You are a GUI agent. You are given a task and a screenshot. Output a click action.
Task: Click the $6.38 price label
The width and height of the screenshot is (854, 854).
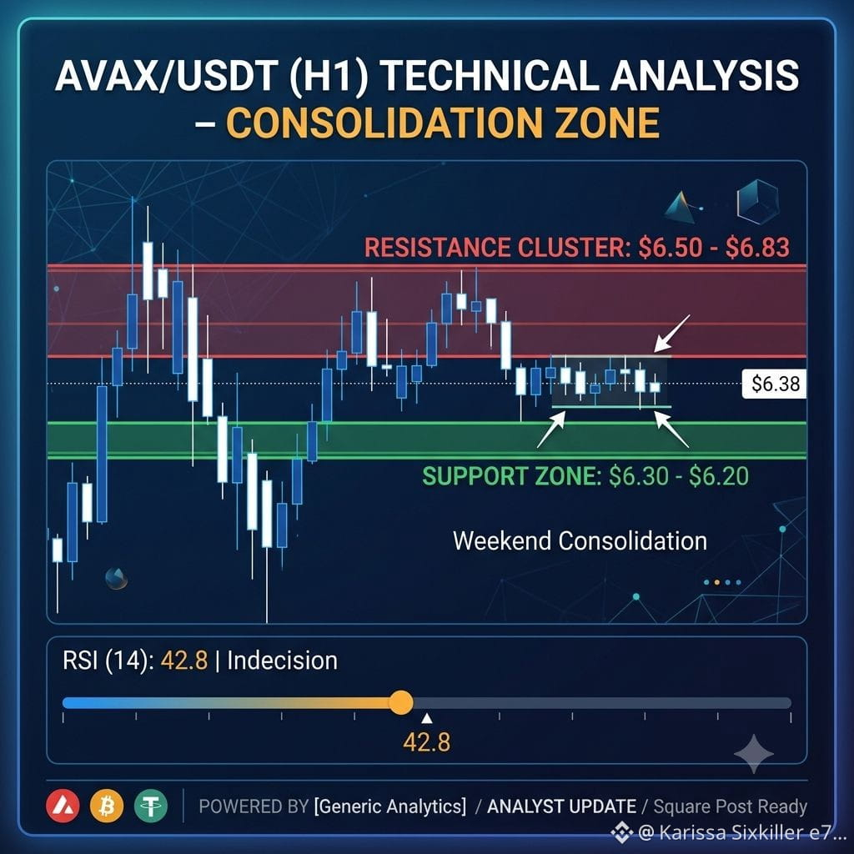775,384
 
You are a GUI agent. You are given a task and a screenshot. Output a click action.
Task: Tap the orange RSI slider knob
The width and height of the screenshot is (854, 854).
401,702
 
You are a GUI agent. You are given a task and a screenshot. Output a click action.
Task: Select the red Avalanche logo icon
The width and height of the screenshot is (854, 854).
63,806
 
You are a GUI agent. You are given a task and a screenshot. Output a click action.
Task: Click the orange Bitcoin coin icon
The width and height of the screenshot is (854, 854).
107,806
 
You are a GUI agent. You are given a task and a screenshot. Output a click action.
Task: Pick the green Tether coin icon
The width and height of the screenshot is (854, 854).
151,806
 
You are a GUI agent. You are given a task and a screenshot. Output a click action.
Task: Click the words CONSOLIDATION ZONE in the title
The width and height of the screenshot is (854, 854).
443,123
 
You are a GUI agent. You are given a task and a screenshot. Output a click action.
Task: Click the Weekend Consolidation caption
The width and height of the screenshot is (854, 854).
580,540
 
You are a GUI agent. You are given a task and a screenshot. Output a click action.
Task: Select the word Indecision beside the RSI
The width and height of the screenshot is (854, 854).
282,661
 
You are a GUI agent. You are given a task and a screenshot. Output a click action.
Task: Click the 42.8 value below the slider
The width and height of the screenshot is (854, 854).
427,742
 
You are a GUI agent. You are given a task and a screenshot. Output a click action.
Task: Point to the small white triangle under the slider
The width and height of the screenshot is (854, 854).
427,719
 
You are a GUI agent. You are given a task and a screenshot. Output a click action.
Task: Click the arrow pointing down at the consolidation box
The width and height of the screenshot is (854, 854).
672,334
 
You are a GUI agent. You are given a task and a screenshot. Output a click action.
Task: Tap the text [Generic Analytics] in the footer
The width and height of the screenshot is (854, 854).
390,806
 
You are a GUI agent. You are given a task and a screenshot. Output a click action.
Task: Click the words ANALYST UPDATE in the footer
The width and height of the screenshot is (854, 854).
561,806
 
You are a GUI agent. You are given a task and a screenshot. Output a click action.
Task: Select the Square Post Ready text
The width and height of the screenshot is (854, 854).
730,806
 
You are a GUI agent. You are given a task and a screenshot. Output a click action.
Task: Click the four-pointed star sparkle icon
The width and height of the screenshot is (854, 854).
754,754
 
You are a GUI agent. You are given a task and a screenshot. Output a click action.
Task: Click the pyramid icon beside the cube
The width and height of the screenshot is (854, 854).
681,208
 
